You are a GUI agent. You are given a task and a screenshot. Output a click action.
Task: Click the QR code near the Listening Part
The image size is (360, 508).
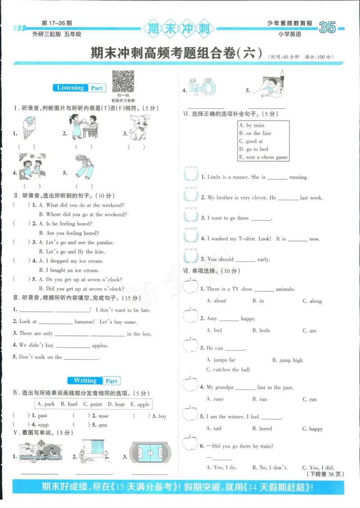(x=123, y=82)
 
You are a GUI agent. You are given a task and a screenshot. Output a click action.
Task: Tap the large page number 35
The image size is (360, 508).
(x=327, y=28)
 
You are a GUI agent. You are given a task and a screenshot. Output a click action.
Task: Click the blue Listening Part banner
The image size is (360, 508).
(x=80, y=88)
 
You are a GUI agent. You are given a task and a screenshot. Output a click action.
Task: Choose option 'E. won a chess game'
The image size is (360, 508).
(x=263, y=157)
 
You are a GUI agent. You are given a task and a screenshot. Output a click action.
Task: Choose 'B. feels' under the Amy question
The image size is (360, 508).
(x=261, y=330)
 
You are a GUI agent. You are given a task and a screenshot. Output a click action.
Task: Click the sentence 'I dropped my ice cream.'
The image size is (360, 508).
(x=71, y=261)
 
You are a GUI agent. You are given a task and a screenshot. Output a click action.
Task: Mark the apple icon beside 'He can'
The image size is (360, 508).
(x=190, y=346)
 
